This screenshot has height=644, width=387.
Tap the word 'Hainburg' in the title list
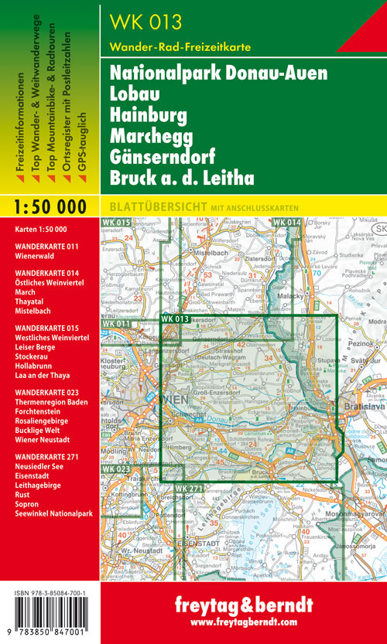(x=149, y=116)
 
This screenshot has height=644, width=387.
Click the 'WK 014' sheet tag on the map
(x=286, y=223)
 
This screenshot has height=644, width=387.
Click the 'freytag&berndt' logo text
(x=243, y=605)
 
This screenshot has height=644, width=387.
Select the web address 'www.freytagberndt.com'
(x=243, y=622)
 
